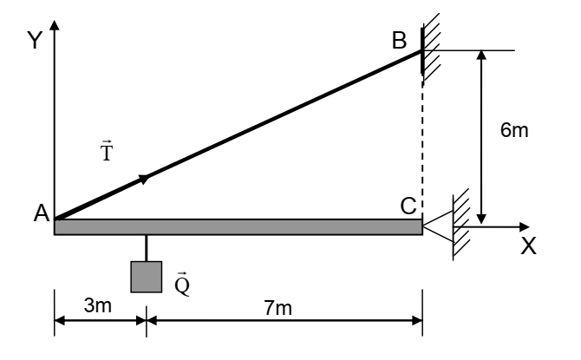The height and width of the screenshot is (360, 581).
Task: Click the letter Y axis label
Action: pos(35,40)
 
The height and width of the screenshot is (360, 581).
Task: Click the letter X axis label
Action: pos(528,245)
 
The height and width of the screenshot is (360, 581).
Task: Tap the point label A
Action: pos(42,213)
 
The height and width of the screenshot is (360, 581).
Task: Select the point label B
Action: pos(399,40)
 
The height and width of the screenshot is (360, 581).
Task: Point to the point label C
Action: pos(408,206)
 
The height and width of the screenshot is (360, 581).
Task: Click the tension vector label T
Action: pos(107,151)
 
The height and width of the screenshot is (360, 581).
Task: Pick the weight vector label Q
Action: pos(182,284)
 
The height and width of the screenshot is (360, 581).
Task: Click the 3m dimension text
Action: pos(97,305)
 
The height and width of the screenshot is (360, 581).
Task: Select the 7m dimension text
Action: pos(277,308)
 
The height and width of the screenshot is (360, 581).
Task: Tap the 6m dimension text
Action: pos(514,130)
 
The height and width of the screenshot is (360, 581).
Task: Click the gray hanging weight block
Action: pos(147,277)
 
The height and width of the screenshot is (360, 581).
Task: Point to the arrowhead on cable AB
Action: pos(144,179)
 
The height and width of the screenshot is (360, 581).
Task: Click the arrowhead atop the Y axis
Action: pos(55,25)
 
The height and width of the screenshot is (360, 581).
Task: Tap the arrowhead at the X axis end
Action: pos(525,227)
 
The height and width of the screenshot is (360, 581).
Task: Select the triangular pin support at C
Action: pos(438,226)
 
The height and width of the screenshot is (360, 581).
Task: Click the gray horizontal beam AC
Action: pos(238,227)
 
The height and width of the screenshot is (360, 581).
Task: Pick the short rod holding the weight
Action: pos(147,248)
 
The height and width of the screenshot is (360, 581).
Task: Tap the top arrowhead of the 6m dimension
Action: pos(481,55)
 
